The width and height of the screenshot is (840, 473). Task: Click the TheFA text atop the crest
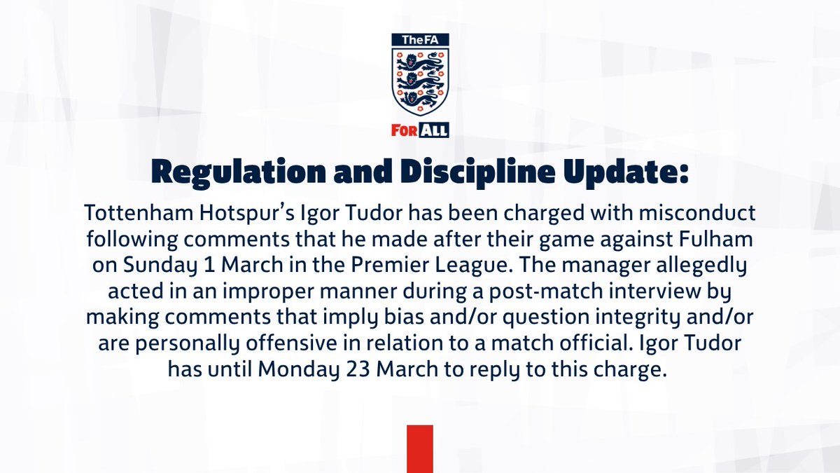pyautogui.click(x=419, y=41)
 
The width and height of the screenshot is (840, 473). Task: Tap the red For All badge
pyautogui.click(x=419, y=130)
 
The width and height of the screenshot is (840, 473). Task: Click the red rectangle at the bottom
pyautogui.click(x=420, y=448)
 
